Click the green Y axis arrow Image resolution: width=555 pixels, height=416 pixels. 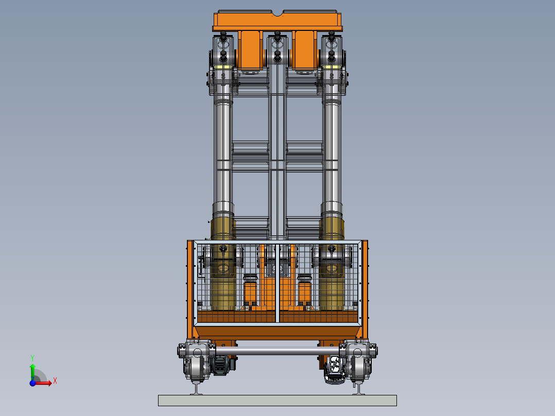coord(32,372)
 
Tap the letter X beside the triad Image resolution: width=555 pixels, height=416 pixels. coord(55,381)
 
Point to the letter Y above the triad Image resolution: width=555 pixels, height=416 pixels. coord(32,358)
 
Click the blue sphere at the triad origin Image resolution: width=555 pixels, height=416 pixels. coord(32,383)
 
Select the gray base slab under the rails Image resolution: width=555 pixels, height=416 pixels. coord(277,401)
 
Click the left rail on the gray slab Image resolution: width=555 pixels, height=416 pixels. coord(196,388)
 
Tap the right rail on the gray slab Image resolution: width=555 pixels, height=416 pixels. coord(358,388)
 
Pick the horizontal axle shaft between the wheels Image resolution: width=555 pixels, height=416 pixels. coord(277,351)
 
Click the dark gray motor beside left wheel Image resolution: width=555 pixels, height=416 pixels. coord(220,365)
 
